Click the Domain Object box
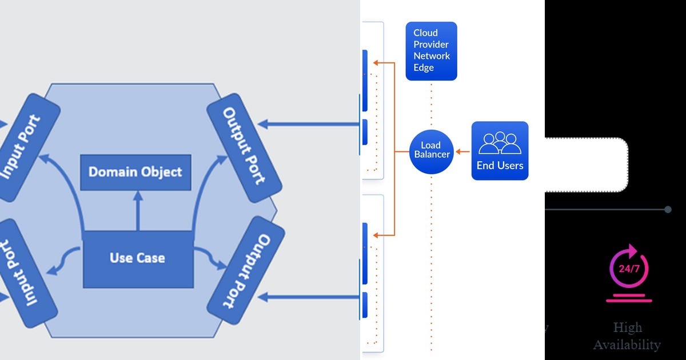pos(135,172)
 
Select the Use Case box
pos(137,258)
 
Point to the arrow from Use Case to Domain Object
pos(137,211)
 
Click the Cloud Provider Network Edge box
pos(431,51)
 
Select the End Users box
pos(500,151)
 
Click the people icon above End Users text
pos(500,143)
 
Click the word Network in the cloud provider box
pos(432,56)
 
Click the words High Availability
pos(627,336)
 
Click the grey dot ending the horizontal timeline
pos(668,210)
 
